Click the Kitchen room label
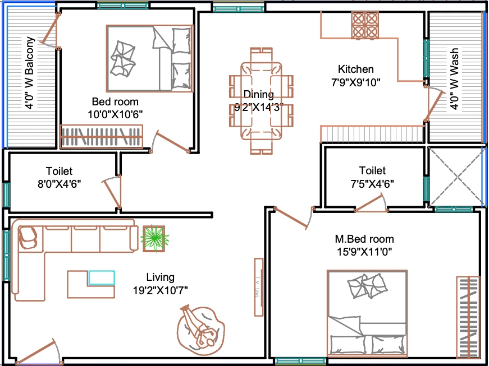pos(355,69)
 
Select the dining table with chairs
pos(261,101)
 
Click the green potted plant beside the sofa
pos(154,238)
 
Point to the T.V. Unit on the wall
pos(258,287)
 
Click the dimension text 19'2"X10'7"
pos(161,290)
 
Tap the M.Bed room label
pos(364,239)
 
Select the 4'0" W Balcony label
pos(30,73)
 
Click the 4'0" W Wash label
pos(454,78)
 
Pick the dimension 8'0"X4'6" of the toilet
pos(60,184)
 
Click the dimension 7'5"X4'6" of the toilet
pos(372,184)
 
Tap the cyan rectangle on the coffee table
pos(102,278)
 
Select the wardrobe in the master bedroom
pos(468,317)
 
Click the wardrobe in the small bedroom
pos(102,137)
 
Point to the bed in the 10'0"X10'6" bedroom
pos(150,58)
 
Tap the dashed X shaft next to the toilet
pos(456,177)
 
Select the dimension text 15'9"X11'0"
pos(364,252)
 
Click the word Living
pos(161,277)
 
